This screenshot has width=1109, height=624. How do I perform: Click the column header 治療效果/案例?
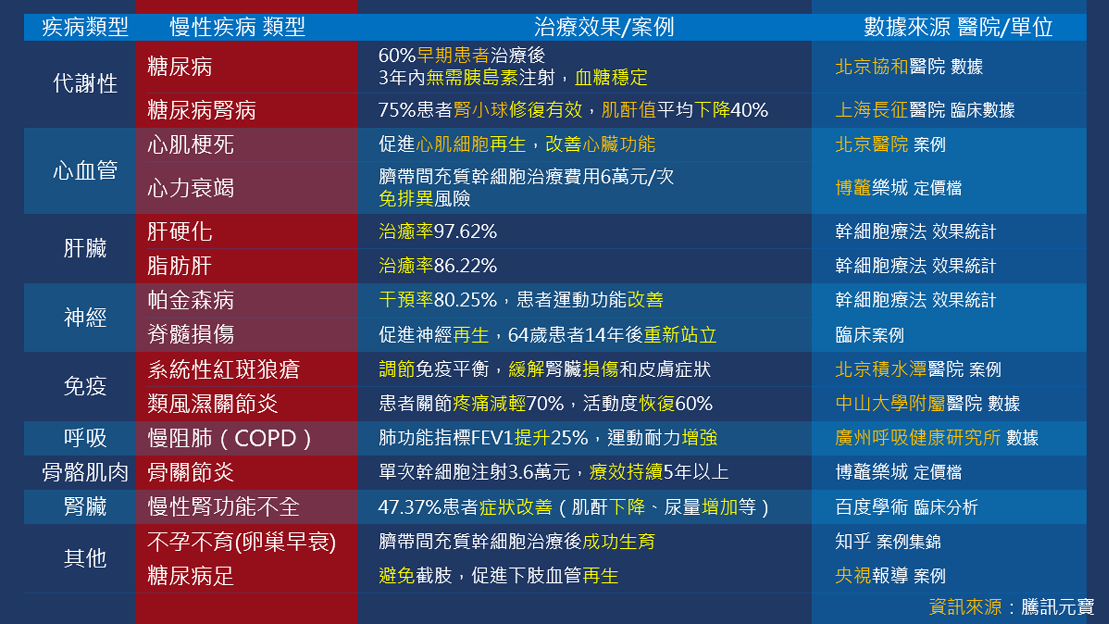604,27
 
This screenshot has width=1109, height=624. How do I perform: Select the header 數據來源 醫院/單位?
958,27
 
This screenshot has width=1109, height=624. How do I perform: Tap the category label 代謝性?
85,83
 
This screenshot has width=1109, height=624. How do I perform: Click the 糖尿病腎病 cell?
202,110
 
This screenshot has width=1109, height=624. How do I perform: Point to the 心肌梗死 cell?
191,144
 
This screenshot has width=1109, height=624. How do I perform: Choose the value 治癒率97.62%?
438,232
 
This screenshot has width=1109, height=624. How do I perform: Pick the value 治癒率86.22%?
438,266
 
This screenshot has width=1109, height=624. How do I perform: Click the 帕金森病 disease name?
191,300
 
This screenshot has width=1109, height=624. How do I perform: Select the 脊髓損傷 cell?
191,334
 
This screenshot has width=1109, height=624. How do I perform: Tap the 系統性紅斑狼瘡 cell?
224,369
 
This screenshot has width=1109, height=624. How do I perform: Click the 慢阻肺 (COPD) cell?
230,438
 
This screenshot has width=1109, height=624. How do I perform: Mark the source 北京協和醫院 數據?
909,66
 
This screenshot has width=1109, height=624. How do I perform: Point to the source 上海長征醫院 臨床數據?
925,110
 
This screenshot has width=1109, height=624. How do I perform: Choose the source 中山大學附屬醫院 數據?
928,403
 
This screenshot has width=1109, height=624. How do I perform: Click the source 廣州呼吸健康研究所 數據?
937,437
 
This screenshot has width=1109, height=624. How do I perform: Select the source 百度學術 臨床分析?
906,507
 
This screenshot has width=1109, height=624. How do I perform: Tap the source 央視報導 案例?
890,575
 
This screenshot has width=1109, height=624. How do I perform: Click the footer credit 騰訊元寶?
1058,607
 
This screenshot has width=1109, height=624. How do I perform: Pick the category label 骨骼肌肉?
85,473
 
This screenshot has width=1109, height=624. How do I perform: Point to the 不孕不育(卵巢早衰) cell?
241,542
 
